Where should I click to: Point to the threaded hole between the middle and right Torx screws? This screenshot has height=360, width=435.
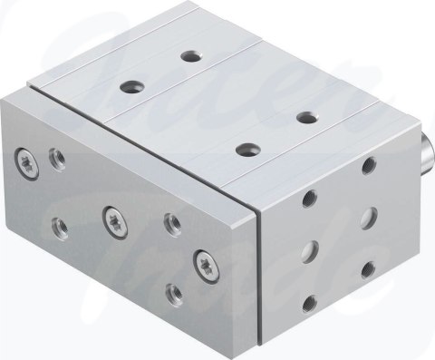tap(169, 221)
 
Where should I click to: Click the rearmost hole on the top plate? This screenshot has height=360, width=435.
tap(190, 55)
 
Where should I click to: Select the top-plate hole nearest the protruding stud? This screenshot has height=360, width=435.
tap(304, 116)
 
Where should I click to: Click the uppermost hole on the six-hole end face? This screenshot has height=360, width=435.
tap(368, 166)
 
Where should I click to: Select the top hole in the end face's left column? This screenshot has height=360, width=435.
tap(312, 197)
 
